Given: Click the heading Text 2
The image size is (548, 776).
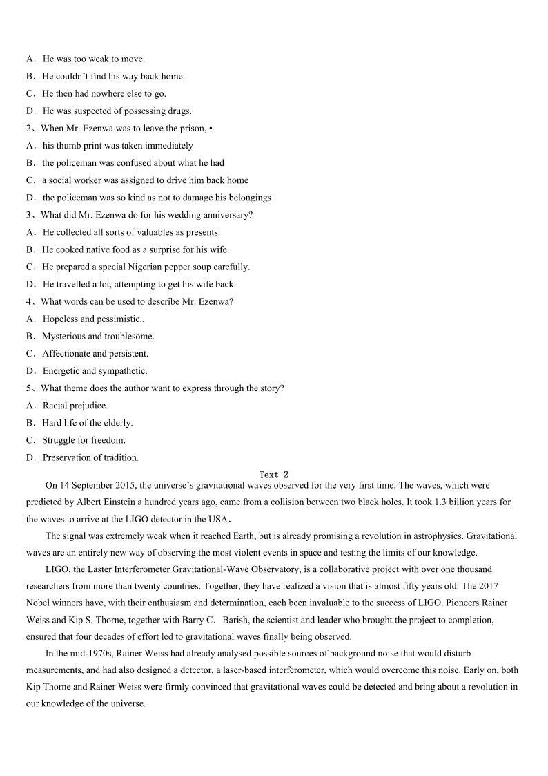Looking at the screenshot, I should (273, 475).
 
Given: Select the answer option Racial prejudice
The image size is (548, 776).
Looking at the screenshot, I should (75, 406).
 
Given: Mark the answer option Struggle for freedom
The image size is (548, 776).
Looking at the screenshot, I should (84, 440).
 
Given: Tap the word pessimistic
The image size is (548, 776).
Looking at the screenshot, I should (119, 319).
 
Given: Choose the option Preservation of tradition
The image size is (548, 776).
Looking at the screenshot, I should (90, 457).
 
